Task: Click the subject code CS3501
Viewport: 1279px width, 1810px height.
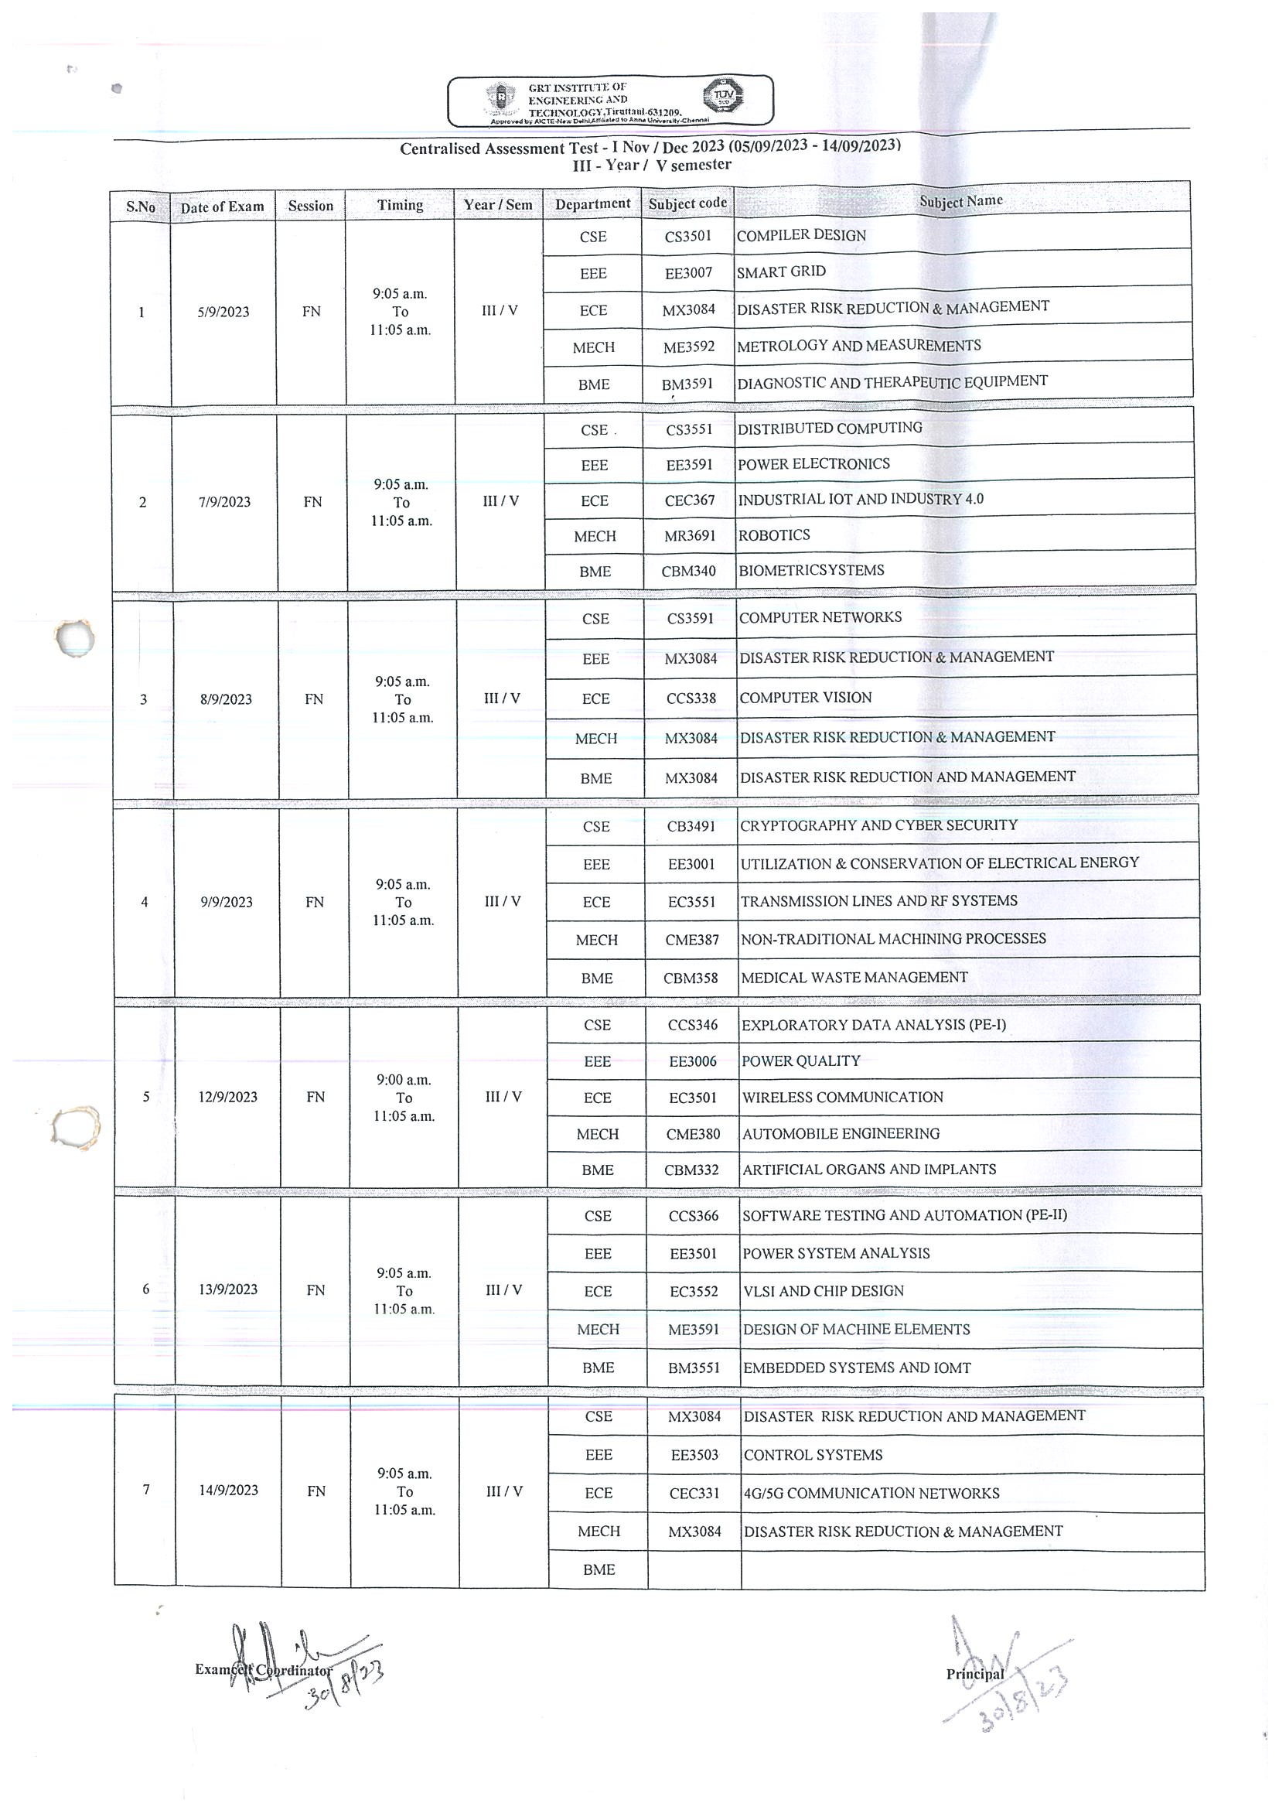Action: (687, 236)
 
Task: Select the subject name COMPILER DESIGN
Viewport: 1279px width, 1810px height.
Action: (800, 235)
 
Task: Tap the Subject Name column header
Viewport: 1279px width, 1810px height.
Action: (960, 201)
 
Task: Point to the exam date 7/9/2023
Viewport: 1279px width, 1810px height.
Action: (224, 502)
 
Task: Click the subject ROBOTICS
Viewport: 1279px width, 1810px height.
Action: (774, 535)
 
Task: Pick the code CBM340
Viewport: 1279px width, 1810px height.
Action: (688, 572)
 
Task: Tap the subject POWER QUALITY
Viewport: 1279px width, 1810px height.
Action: (800, 1061)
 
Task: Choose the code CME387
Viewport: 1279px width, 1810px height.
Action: (692, 940)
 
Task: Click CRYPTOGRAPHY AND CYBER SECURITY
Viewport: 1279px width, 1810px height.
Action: (878, 825)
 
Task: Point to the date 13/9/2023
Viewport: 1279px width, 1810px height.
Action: (228, 1289)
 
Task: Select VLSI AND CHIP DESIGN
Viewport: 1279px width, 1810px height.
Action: (824, 1291)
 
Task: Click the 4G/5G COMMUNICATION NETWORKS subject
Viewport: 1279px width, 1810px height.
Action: (871, 1493)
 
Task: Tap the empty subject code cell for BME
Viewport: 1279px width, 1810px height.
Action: (694, 1569)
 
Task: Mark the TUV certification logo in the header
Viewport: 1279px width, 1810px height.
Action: (723, 96)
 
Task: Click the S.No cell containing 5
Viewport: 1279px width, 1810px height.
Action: (146, 1097)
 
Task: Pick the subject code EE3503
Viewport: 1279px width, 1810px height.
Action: (694, 1455)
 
